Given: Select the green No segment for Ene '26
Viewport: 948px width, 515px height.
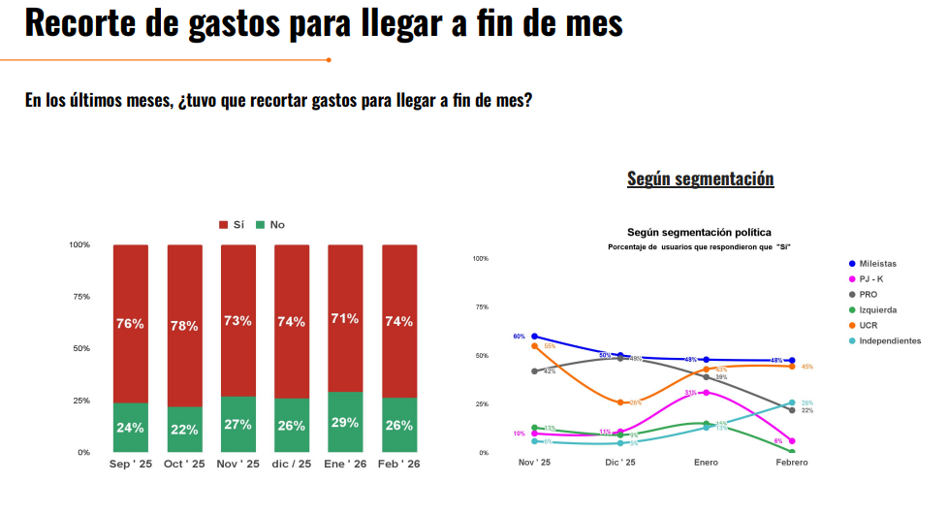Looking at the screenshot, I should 345,422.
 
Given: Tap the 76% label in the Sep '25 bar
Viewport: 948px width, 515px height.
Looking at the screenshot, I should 130,323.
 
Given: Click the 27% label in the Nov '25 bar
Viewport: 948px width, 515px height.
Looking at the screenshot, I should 237,424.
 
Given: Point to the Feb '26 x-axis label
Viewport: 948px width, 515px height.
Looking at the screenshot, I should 399,465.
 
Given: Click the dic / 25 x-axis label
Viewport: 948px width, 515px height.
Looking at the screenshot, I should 292,465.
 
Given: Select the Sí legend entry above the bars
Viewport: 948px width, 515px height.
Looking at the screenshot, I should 232,225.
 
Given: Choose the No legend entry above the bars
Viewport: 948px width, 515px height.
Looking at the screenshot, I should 270,225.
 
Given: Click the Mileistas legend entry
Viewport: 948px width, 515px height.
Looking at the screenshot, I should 877,264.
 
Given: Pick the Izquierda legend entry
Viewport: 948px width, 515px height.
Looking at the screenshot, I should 877,309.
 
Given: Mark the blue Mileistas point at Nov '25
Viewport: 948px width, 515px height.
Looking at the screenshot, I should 534,337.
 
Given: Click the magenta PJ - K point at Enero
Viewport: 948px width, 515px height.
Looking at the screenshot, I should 706,393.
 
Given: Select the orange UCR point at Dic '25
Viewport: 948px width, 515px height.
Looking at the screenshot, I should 620,402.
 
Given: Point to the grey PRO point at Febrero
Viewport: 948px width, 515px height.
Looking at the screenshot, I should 792,410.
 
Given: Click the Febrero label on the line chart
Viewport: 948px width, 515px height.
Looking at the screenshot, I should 791,463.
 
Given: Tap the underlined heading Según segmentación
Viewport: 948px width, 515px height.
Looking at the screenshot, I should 700,178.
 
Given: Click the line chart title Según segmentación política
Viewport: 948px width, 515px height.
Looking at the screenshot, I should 699,233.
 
